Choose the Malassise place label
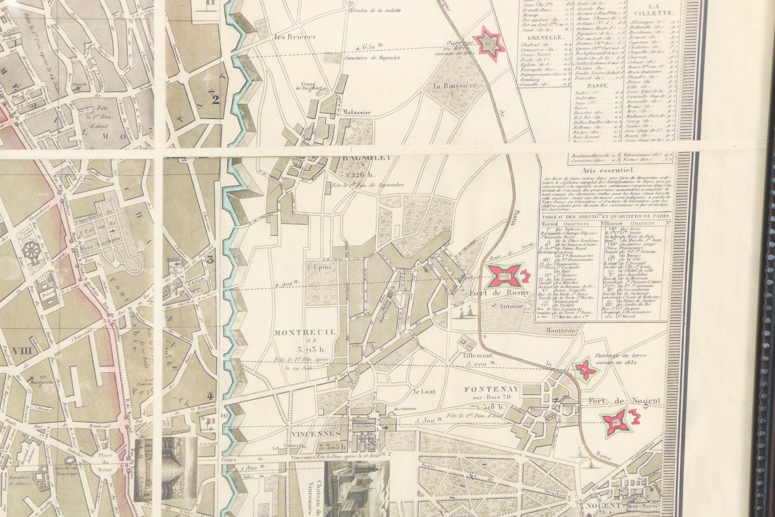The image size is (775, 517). point(357,112)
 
